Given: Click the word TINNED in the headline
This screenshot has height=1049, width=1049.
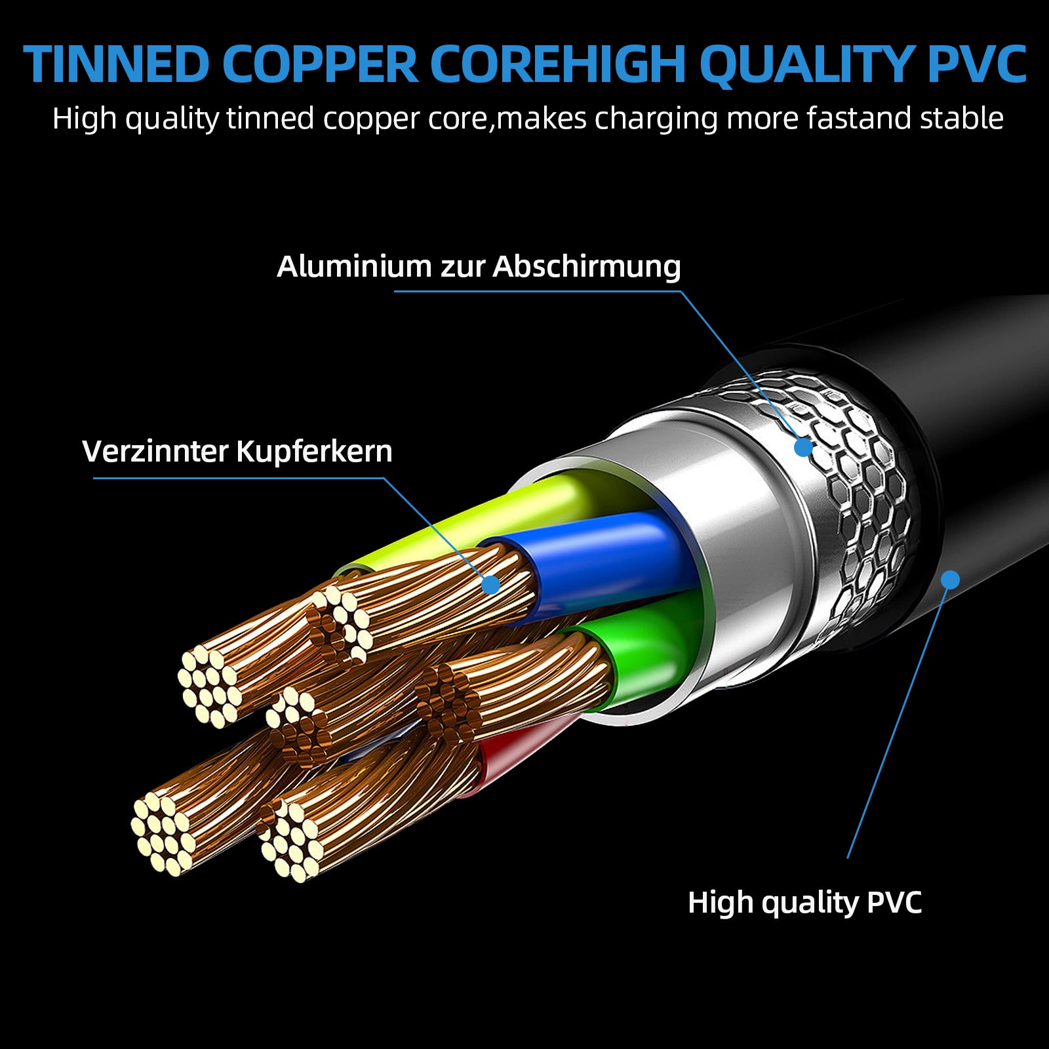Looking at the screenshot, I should [117, 64].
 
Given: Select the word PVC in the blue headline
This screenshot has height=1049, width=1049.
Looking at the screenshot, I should [978, 64].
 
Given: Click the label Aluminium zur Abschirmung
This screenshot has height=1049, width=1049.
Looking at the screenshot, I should [479, 266].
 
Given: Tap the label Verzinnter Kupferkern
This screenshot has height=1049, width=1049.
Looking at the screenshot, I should [237, 451].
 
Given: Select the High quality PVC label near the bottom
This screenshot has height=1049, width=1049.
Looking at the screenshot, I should [804, 902].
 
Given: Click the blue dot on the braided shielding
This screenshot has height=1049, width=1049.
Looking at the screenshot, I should [803, 447].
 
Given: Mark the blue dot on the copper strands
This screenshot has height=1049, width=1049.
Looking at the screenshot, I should [490, 584].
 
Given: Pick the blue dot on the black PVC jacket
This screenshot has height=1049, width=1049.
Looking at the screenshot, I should [950, 580].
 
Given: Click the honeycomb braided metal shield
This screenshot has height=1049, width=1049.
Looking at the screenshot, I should [859, 498].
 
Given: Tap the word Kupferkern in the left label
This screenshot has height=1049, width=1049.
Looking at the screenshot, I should [314, 451].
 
